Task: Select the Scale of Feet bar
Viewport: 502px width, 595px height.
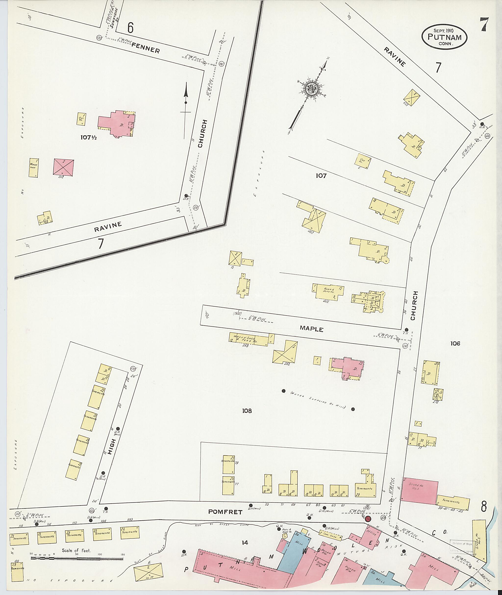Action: (77, 558)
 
